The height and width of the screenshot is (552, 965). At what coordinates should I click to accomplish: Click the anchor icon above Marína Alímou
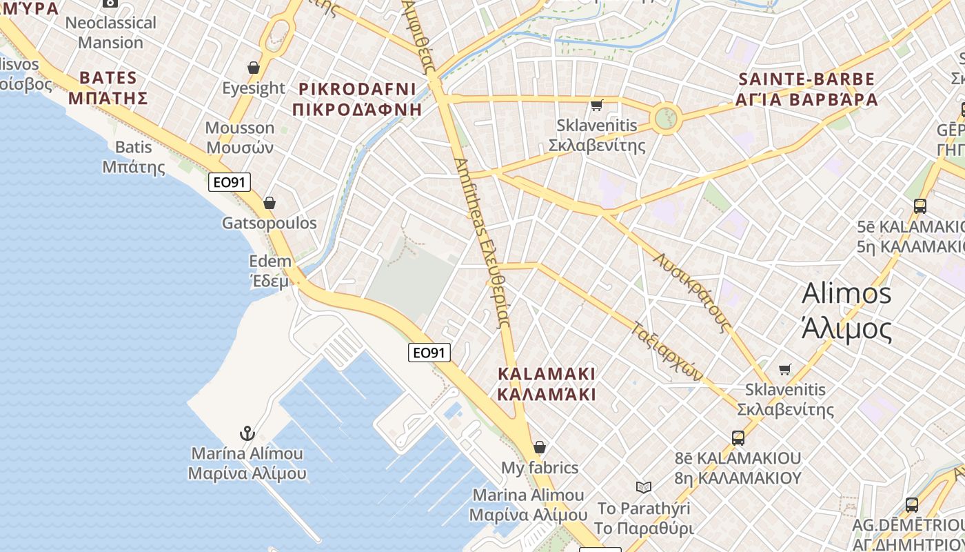tap(247, 433)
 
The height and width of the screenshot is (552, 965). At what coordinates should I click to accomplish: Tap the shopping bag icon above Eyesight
tap(254, 68)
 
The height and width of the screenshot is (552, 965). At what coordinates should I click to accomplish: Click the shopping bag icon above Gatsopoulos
tap(270, 203)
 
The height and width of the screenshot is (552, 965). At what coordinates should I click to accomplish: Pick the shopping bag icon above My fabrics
tap(540, 447)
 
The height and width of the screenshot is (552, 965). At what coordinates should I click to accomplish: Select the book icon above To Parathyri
tap(644, 488)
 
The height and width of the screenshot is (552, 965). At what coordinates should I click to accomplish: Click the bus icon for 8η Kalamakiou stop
tap(738, 437)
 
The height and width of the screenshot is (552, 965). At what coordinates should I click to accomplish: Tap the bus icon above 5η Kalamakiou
tap(920, 206)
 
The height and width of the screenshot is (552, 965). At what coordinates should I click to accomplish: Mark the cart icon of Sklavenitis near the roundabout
tap(597, 106)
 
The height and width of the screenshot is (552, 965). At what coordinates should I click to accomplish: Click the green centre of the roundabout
tap(666, 118)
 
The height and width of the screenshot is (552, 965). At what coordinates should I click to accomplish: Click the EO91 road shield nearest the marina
tap(429, 353)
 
